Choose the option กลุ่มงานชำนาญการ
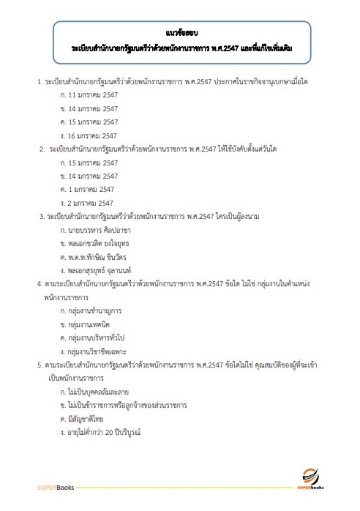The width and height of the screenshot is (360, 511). [x=94, y=310]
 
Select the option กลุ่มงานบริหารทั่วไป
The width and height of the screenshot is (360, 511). [x=98, y=337]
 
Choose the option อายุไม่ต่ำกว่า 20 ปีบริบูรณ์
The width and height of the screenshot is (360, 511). [x=104, y=432]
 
